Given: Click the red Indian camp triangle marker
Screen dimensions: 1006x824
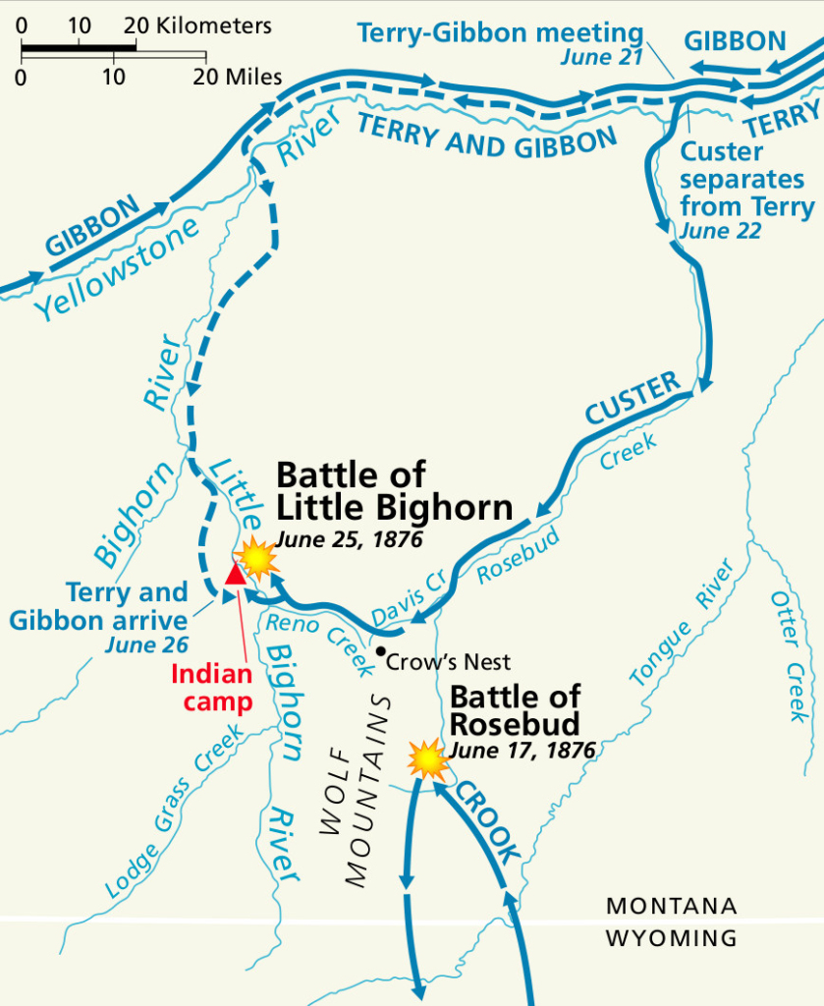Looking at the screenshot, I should [x=236, y=574].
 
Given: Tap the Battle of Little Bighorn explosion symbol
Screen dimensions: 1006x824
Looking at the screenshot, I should [x=257, y=557].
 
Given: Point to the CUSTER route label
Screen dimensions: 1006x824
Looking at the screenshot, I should [x=633, y=398].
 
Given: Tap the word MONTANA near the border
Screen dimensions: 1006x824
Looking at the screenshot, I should [x=671, y=907].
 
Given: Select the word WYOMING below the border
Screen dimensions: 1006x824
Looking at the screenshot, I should [x=671, y=937].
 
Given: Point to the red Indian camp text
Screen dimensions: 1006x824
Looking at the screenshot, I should [x=212, y=689].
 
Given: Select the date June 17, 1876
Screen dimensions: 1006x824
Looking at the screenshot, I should [x=522, y=750].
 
